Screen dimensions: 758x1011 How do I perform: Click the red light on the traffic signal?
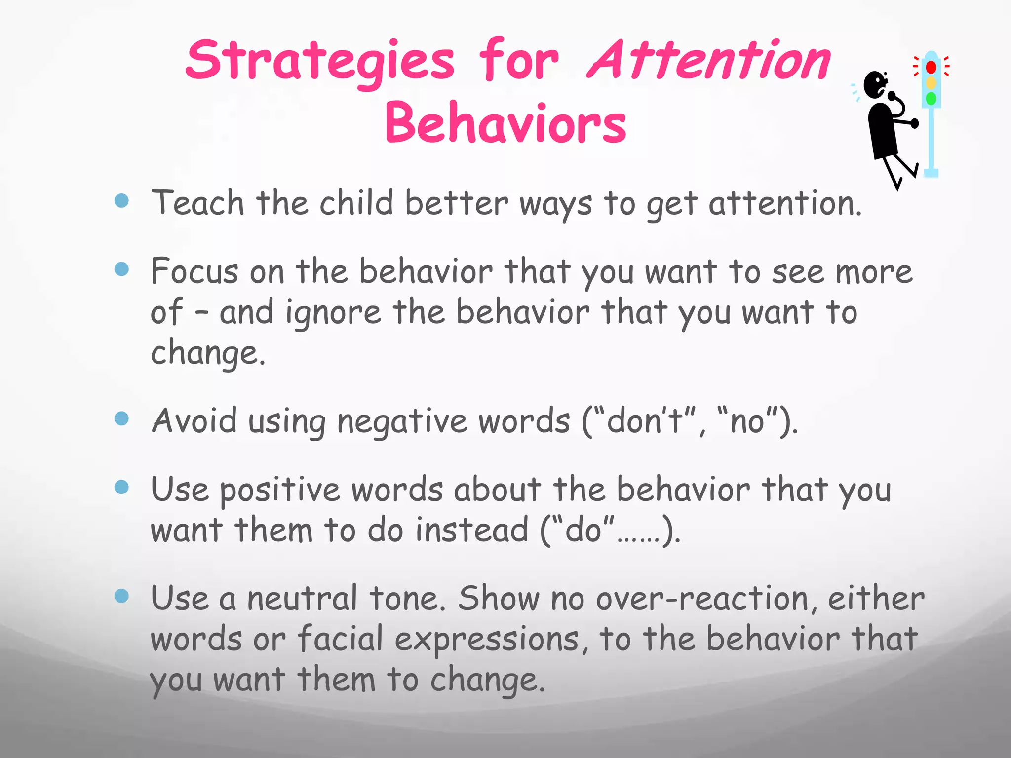point(931,67)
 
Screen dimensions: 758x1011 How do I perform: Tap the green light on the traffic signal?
point(931,99)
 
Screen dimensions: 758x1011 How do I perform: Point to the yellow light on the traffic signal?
point(931,82)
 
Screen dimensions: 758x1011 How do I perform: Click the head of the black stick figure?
point(876,85)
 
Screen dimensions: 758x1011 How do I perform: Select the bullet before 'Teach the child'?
point(121,200)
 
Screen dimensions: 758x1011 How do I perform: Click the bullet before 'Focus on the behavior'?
point(121,269)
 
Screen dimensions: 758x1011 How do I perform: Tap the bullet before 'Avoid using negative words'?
point(121,418)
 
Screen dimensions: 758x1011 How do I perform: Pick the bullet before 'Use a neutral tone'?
point(121,596)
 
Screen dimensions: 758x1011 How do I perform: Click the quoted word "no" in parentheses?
point(747,421)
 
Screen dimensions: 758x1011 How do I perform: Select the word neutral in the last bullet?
point(302,599)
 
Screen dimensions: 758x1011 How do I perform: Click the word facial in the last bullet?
point(340,639)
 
